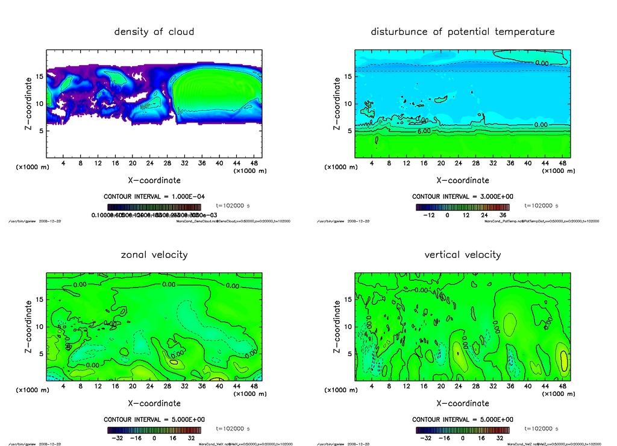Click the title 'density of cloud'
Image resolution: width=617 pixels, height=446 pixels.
coord(154,31)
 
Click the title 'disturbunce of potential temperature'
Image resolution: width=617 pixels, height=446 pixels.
coord(463,31)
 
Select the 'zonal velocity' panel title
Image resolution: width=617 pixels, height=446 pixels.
coord(154,254)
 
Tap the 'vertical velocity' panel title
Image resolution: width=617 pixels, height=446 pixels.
coord(463,254)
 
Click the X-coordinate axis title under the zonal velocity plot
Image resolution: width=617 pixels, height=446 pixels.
coord(154,403)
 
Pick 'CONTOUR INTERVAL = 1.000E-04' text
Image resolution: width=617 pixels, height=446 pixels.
coord(154,196)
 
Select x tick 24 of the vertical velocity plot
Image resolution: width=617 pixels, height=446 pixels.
coord(458,386)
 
